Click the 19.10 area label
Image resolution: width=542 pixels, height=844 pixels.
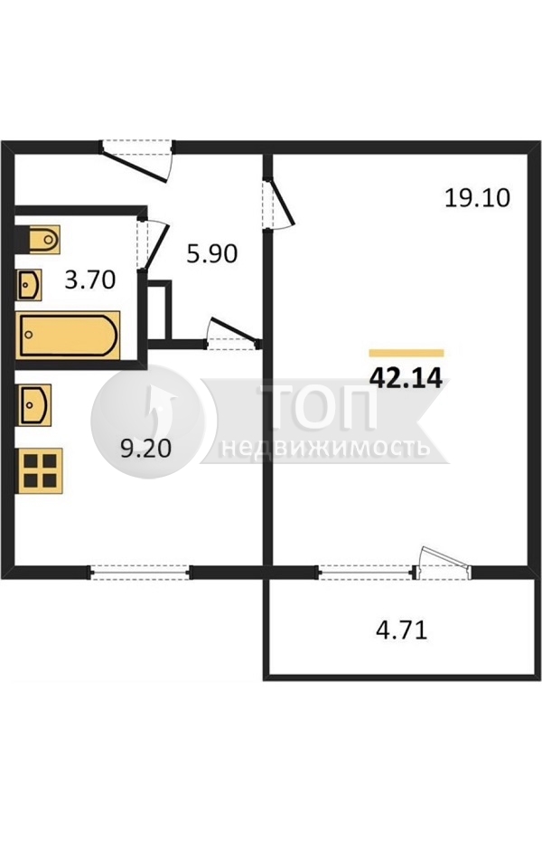pyautogui.click(x=477, y=198)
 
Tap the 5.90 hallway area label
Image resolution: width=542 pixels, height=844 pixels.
pyautogui.click(x=212, y=253)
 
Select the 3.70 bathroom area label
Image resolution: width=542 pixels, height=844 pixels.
pyautogui.click(x=90, y=280)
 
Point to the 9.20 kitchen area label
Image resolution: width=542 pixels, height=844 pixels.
pyautogui.click(x=145, y=449)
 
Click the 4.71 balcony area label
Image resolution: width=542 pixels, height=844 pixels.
pyautogui.click(x=402, y=630)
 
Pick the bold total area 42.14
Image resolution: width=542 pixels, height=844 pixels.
pyautogui.click(x=406, y=379)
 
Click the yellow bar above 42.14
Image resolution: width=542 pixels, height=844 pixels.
pyautogui.click(x=406, y=353)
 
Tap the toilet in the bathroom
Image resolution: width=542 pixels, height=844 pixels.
pyautogui.click(x=37, y=239)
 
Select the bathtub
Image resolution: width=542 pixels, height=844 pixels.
pyautogui.click(x=68, y=335)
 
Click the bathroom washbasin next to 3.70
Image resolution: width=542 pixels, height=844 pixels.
pyautogui.click(x=30, y=285)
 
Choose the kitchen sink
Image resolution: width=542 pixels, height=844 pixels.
pyautogui.click(x=34, y=404)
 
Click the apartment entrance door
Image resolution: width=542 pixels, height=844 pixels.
pyautogui.click(x=137, y=159)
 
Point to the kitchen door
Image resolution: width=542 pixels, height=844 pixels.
pyautogui.click(x=233, y=334)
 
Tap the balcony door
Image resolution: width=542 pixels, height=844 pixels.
pyautogui.click(x=443, y=564)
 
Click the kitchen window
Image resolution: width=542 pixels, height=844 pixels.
pyautogui.click(x=139, y=572)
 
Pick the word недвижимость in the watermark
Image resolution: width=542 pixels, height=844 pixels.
pyautogui.click(x=325, y=447)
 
